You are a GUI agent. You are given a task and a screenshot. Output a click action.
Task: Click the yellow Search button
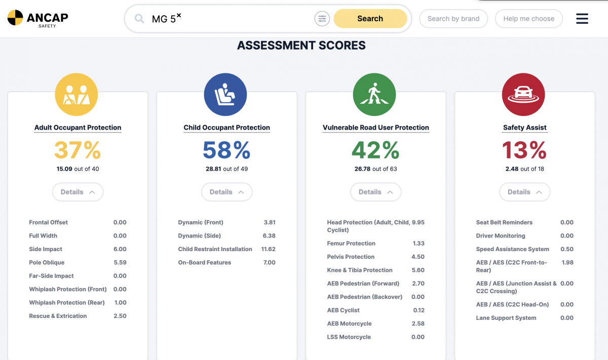coord(370,19)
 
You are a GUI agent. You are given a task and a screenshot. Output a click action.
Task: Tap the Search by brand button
coord(453,19)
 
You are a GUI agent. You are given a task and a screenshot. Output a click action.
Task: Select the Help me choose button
coord(528,19)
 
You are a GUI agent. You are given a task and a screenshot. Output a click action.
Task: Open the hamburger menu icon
coord(582,19)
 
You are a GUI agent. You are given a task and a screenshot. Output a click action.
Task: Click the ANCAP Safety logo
coord(37,18)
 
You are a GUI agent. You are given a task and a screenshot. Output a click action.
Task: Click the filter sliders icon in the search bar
coord(322,19)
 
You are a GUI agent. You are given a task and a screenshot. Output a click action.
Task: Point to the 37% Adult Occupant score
coord(78,150)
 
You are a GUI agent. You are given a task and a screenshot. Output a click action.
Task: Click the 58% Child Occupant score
coord(226,150)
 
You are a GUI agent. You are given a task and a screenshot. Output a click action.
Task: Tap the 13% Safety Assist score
coord(524,150)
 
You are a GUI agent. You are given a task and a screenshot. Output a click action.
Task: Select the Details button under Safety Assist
coord(524,192)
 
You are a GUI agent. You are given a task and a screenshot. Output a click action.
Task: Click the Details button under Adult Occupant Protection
coord(78,192)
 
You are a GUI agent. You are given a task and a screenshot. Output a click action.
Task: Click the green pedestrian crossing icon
coord(374,95)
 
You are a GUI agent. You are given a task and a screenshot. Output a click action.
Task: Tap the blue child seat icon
coord(225,95)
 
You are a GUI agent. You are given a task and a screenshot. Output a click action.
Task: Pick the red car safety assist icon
coord(523,95)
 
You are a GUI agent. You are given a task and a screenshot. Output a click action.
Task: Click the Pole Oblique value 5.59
coord(120,263)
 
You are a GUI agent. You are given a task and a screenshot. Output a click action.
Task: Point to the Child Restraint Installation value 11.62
coord(268,249)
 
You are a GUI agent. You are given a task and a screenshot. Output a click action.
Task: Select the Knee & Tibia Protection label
coord(360,270)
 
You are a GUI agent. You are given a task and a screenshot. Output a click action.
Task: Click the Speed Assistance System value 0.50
coord(567,249)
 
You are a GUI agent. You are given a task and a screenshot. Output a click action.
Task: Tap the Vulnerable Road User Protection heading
coord(375,128)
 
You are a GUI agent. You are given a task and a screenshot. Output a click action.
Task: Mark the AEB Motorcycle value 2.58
coord(418,324)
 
